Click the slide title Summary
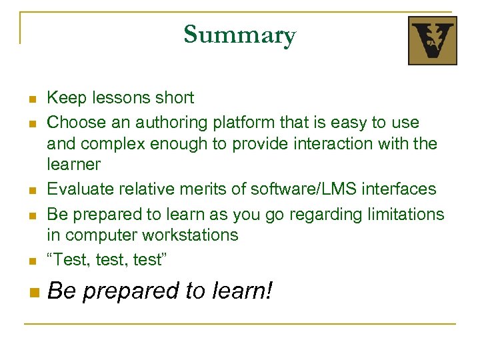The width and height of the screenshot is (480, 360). pos(239,35)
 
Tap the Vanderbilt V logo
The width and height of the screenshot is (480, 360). pos(432,41)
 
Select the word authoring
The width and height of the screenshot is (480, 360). pos(173,123)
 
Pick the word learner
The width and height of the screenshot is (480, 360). pos(73,164)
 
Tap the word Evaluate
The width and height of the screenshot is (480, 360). pos(79,189)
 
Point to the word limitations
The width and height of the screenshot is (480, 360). pos(405,214)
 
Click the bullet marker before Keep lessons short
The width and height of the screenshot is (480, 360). pos(31,100)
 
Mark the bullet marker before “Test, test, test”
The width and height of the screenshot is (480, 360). pos(31,262)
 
